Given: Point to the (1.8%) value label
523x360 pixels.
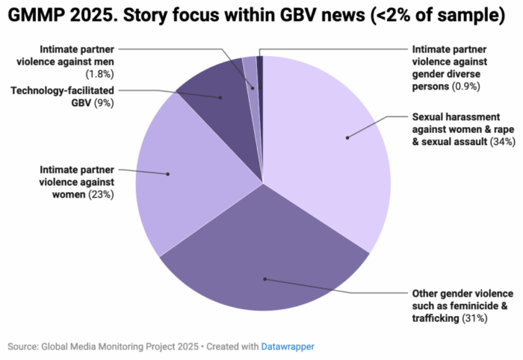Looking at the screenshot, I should [100, 75].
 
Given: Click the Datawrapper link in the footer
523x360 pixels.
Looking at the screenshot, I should [288, 347].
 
